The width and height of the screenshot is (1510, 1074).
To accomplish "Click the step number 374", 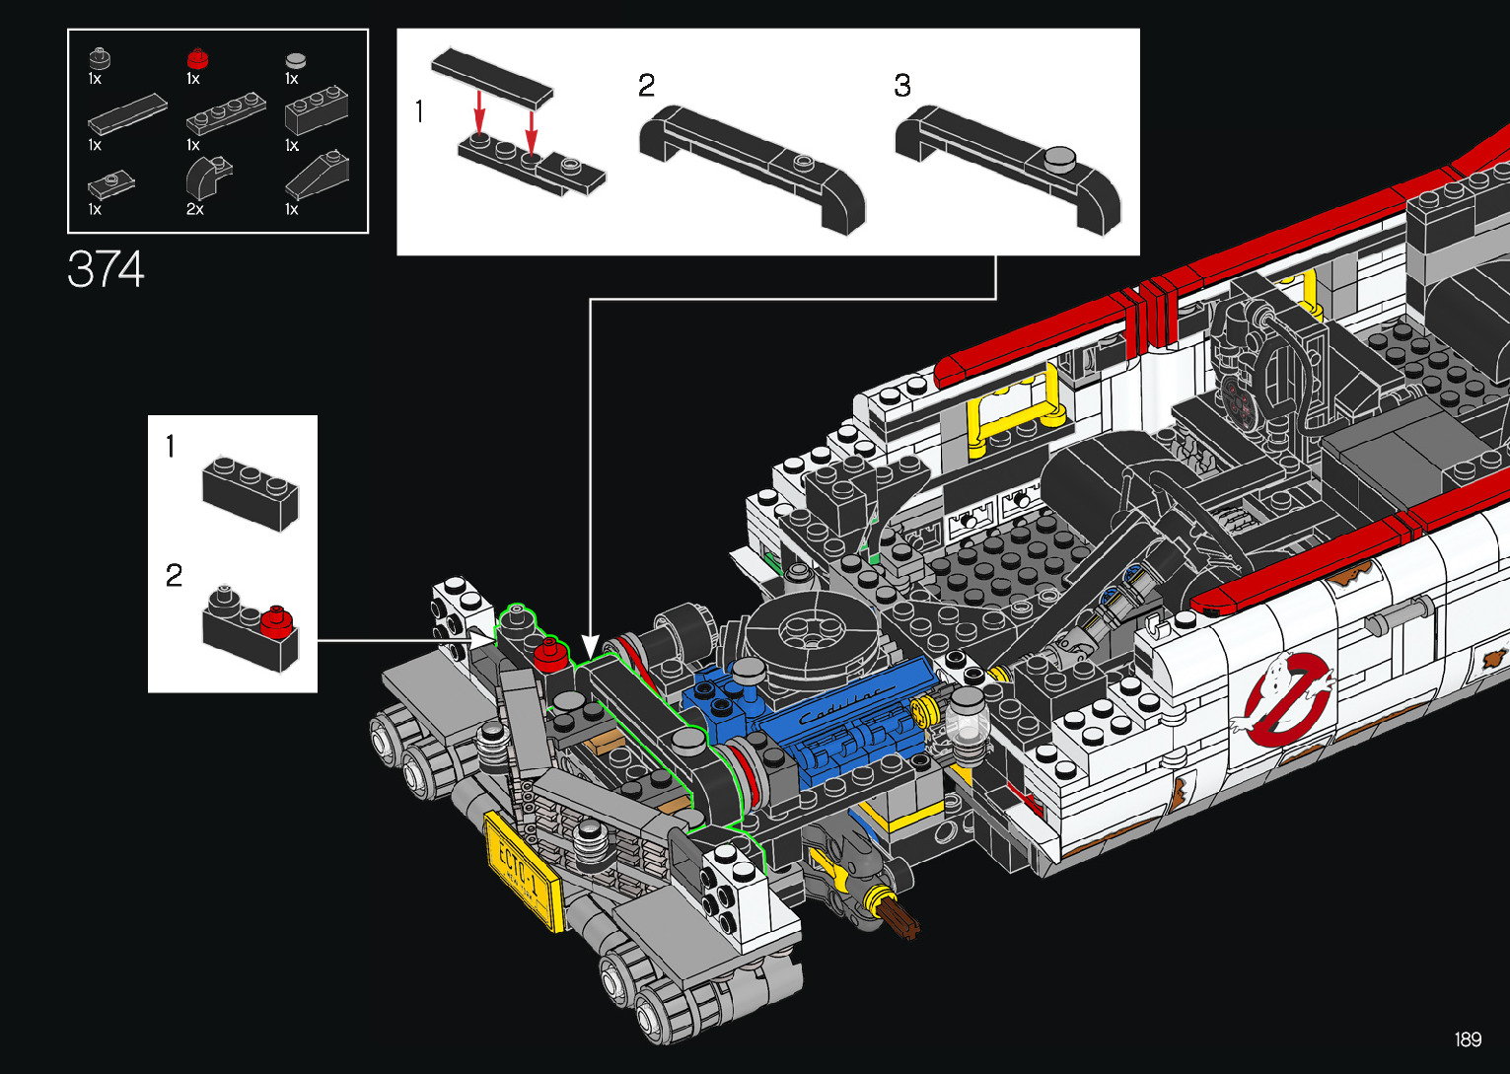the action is point(106,269).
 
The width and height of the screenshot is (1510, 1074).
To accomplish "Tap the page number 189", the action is point(1468,1039).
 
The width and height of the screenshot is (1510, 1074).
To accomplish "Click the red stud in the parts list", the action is point(197,58).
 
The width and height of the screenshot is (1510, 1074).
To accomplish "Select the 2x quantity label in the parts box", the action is point(195,210).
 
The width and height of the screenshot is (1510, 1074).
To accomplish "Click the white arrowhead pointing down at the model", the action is point(590,647).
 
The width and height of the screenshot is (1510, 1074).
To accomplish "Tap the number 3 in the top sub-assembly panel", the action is point(902,86).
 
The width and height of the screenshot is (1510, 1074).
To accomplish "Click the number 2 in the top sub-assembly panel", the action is point(646,86).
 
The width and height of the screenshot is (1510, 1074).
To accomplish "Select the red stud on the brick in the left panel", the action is point(276,621).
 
